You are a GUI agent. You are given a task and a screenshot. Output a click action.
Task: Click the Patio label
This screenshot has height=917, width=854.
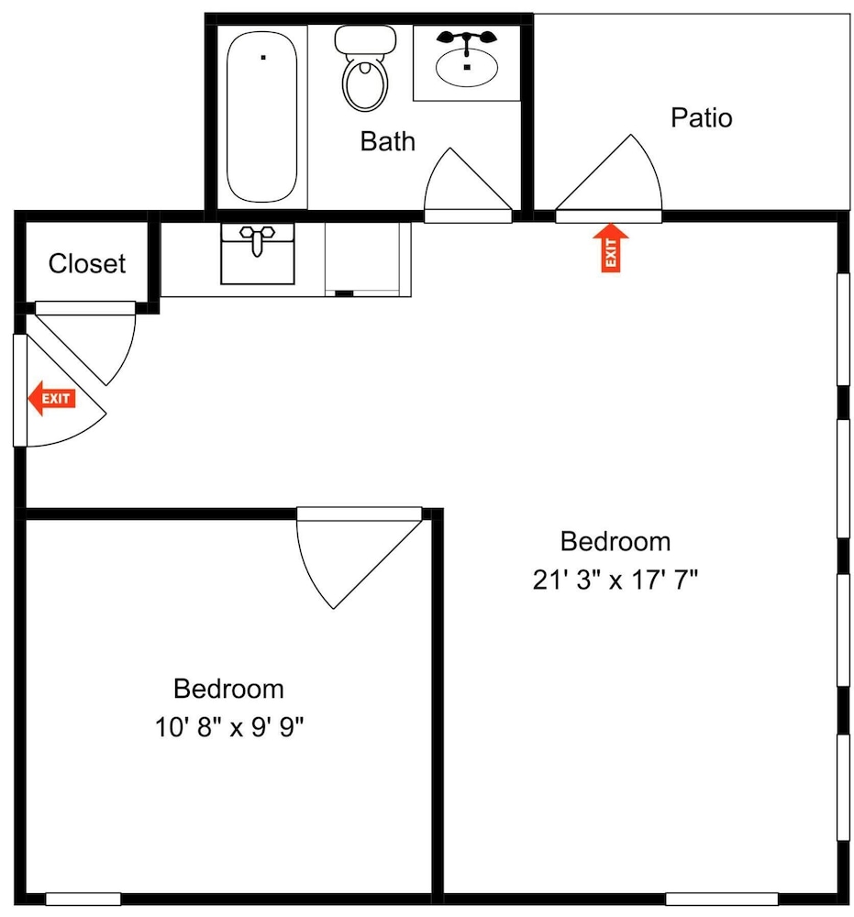pyautogui.click(x=701, y=117)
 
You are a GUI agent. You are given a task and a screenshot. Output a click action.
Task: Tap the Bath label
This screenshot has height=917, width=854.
pyautogui.click(x=387, y=141)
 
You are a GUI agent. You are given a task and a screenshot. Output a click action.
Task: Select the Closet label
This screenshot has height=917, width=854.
pyautogui.click(x=86, y=264)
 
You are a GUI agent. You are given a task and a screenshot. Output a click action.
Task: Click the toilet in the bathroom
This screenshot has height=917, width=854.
pyautogui.click(x=365, y=68)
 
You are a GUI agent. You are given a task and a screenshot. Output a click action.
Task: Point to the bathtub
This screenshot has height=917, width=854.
pyautogui.click(x=261, y=116)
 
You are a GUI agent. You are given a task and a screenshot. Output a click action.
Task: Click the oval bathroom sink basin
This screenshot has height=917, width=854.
pyautogui.click(x=466, y=67)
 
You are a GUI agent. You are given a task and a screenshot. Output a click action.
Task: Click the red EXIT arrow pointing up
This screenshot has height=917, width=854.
pyautogui.click(x=610, y=248)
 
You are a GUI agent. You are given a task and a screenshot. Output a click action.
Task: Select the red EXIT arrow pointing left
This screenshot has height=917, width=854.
pyautogui.click(x=52, y=398)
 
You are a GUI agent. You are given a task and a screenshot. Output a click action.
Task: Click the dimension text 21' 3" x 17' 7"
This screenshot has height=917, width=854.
pyautogui.click(x=615, y=580)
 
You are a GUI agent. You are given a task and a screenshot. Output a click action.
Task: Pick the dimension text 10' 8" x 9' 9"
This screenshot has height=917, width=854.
pyautogui.click(x=228, y=727)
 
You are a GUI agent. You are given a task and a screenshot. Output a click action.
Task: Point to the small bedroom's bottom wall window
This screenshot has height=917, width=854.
pyautogui.click(x=83, y=899)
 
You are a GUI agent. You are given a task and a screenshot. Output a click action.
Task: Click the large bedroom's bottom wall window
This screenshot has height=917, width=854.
pyautogui.click(x=721, y=899)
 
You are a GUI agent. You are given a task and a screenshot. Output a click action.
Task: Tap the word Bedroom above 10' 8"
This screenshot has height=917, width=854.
pyautogui.click(x=228, y=689)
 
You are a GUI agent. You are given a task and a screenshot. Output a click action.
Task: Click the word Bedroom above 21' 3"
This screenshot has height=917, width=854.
pyautogui.click(x=615, y=542)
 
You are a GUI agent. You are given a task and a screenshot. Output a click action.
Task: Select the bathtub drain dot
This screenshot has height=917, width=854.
pyautogui.click(x=263, y=57)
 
